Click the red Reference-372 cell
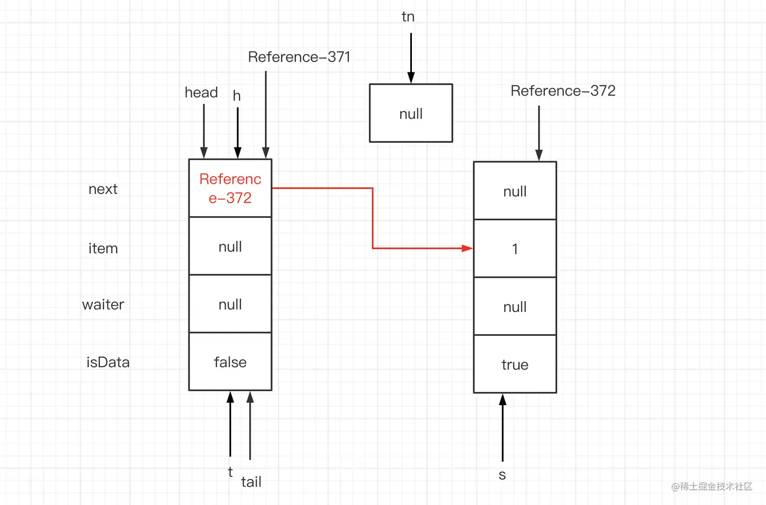coord(230,188)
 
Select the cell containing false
coord(230,362)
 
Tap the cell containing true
coord(515,364)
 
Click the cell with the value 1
coord(515,249)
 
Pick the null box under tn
coord(411,113)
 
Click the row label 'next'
coord(103,189)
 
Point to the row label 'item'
coord(103,248)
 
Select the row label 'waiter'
coord(103,304)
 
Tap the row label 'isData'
coord(108,362)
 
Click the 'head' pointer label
coord(201,92)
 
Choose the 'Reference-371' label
coord(299,57)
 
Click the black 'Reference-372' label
coord(563,91)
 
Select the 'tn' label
coord(408,17)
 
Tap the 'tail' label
coord(251,482)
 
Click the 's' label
coord(502,475)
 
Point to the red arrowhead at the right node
coord(467,248)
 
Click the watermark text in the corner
coord(712,486)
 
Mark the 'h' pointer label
coord(237,96)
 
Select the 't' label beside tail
coord(231,472)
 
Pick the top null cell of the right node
coord(515,191)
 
